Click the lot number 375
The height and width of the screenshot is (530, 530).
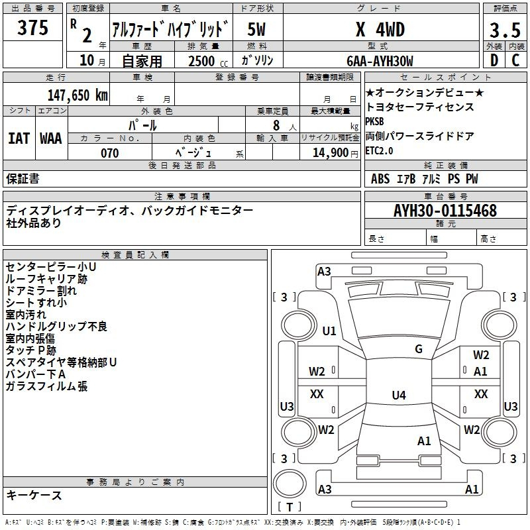(x=32, y=28)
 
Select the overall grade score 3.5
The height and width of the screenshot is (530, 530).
(x=503, y=30)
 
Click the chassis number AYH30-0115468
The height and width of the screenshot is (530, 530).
(x=445, y=211)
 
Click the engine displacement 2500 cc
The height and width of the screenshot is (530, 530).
(x=203, y=62)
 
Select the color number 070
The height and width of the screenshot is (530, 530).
(x=109, y=153)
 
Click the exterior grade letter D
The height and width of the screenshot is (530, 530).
(x=494, y=61)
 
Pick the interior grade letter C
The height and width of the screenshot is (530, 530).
(x=515, y=61)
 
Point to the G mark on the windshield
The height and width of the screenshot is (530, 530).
(x=419, y=349)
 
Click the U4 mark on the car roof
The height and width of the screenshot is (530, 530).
(x=398, y=396)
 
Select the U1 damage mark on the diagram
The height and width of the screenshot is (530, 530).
(x=329, y=331)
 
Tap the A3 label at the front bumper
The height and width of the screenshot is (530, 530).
(x=324, y=271)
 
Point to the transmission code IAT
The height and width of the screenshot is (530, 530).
(x=18, y=138)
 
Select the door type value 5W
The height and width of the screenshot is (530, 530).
(x=256, y=30)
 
